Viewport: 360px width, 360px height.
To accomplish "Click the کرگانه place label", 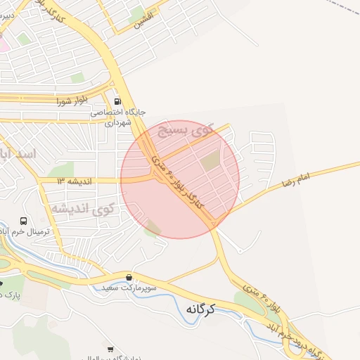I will click(200, 309).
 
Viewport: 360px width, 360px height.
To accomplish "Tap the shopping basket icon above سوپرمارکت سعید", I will click(129, 276).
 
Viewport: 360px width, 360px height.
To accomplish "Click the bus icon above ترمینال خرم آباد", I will click(24, 221).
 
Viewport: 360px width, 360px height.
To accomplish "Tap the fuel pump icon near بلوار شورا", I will click(117, 101).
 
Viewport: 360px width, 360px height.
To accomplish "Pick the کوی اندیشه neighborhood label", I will click(83, 208).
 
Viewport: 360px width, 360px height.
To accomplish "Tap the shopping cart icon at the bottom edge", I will click(110, 349).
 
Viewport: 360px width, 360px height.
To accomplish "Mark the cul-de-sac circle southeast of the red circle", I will click(240, 250).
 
